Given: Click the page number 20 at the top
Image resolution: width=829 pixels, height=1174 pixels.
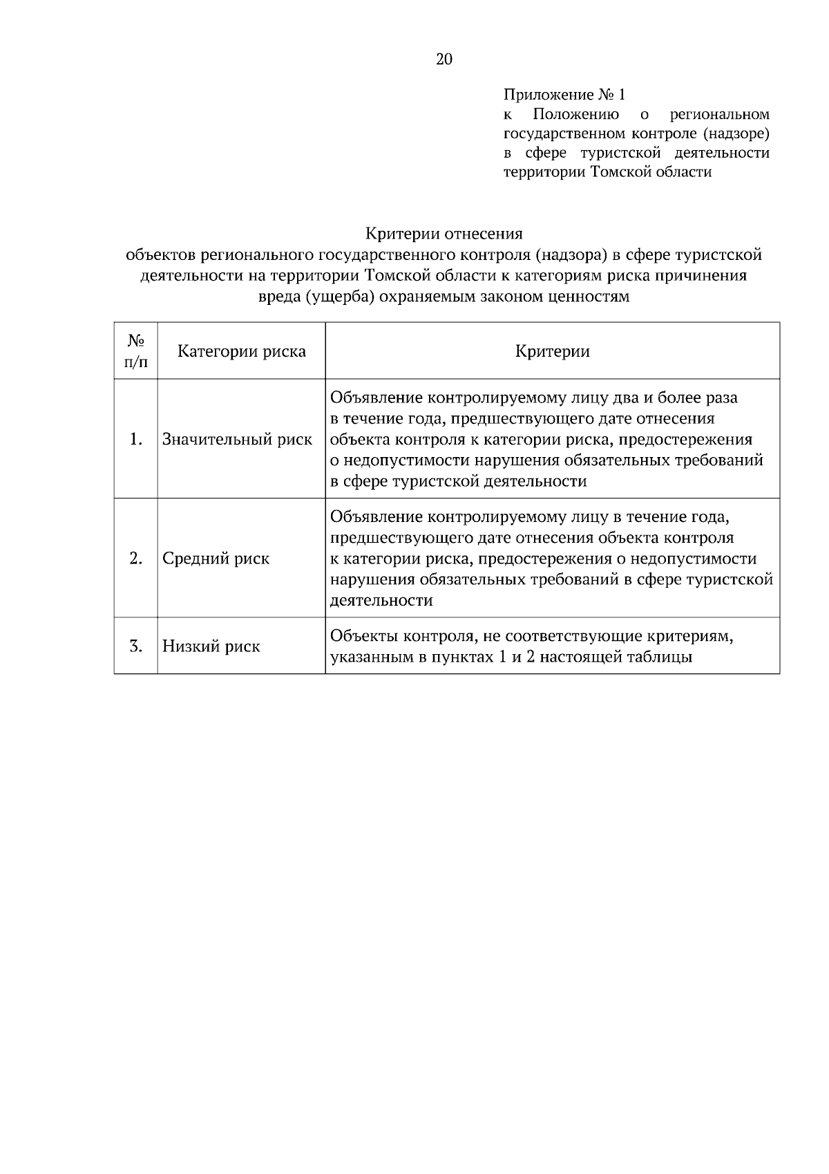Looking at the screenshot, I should click(x=444, y=59).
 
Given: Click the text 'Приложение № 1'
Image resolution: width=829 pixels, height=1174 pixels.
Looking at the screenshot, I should click(x=564, y=94).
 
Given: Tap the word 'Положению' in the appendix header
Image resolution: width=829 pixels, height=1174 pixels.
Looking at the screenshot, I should click(x=575, y=113).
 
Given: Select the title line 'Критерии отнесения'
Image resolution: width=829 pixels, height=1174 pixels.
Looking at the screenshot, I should click(x=444, y=234).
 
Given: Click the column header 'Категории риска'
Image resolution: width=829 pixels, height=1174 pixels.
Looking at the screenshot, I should click(x=241, y=351).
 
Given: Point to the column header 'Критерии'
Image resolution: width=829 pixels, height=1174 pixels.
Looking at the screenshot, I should click(x=552, y=351).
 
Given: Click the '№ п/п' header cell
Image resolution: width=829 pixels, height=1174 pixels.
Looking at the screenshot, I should click(x=135, y=351).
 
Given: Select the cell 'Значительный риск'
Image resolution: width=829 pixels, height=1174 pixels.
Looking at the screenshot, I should click(x=237, y=439).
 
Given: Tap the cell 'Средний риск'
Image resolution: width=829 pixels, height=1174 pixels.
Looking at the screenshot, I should click(x=216, y=559).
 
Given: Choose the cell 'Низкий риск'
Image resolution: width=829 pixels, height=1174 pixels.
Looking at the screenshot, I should click(x=211, y=646).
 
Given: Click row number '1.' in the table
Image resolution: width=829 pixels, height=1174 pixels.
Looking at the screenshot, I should click(x=136, y=439).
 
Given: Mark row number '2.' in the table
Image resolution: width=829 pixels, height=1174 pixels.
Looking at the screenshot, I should click(x=136, y=559).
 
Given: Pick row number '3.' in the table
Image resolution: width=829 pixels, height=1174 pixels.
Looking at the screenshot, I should click(x=136, y=646).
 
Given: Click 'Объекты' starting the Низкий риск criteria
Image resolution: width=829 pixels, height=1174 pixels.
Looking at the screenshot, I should click(x=363, y=635).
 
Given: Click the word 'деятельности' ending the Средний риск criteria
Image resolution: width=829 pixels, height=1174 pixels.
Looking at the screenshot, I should click(x=381, y=600).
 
